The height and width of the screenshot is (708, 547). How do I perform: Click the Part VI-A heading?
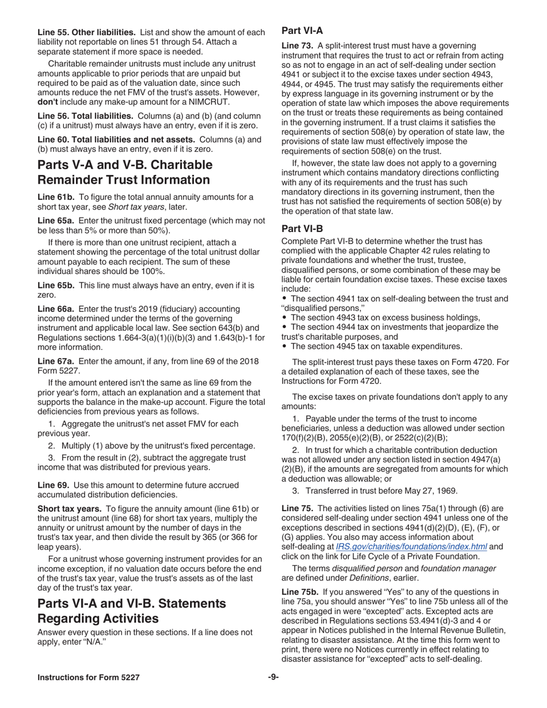pyautogui.click(x=302, y=32)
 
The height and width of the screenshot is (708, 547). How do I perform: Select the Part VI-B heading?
pyautogui.click(x=302, y=229)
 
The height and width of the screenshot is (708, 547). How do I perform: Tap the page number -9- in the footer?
pyautogui.click(x=273, y=677)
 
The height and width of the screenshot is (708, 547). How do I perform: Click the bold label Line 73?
pyautogui.click(x=297, y=45)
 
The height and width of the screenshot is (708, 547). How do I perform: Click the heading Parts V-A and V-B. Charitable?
pyautogui.click(x=125, y=165)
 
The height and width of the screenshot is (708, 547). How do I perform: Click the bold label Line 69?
pyautogui.click(x=53, y=485)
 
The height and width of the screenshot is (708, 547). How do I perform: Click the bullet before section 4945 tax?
pyautogui.click(x=285, y=347)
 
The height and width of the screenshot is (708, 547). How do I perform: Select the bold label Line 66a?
pyautogui.click(x=56, y=309)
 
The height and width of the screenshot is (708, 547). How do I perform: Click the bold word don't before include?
pyautogui.click(x=47, y=102)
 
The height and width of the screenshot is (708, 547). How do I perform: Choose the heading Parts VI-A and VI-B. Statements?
pyautogui.click(x=132, y=604)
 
